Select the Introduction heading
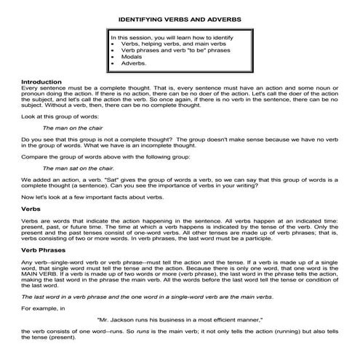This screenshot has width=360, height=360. coord(42,81)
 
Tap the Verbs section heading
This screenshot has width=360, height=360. coord(31,208)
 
